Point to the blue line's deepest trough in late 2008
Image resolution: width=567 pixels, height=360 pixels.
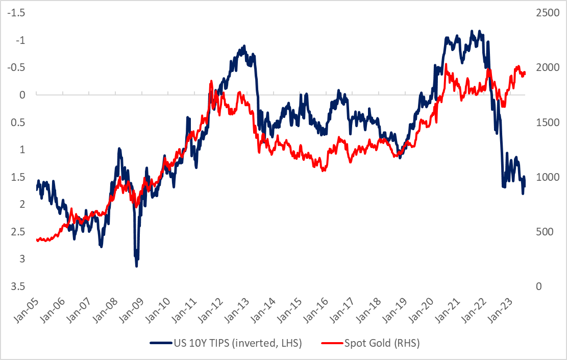click(136, 266)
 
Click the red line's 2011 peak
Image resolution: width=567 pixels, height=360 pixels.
click(211, 82)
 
